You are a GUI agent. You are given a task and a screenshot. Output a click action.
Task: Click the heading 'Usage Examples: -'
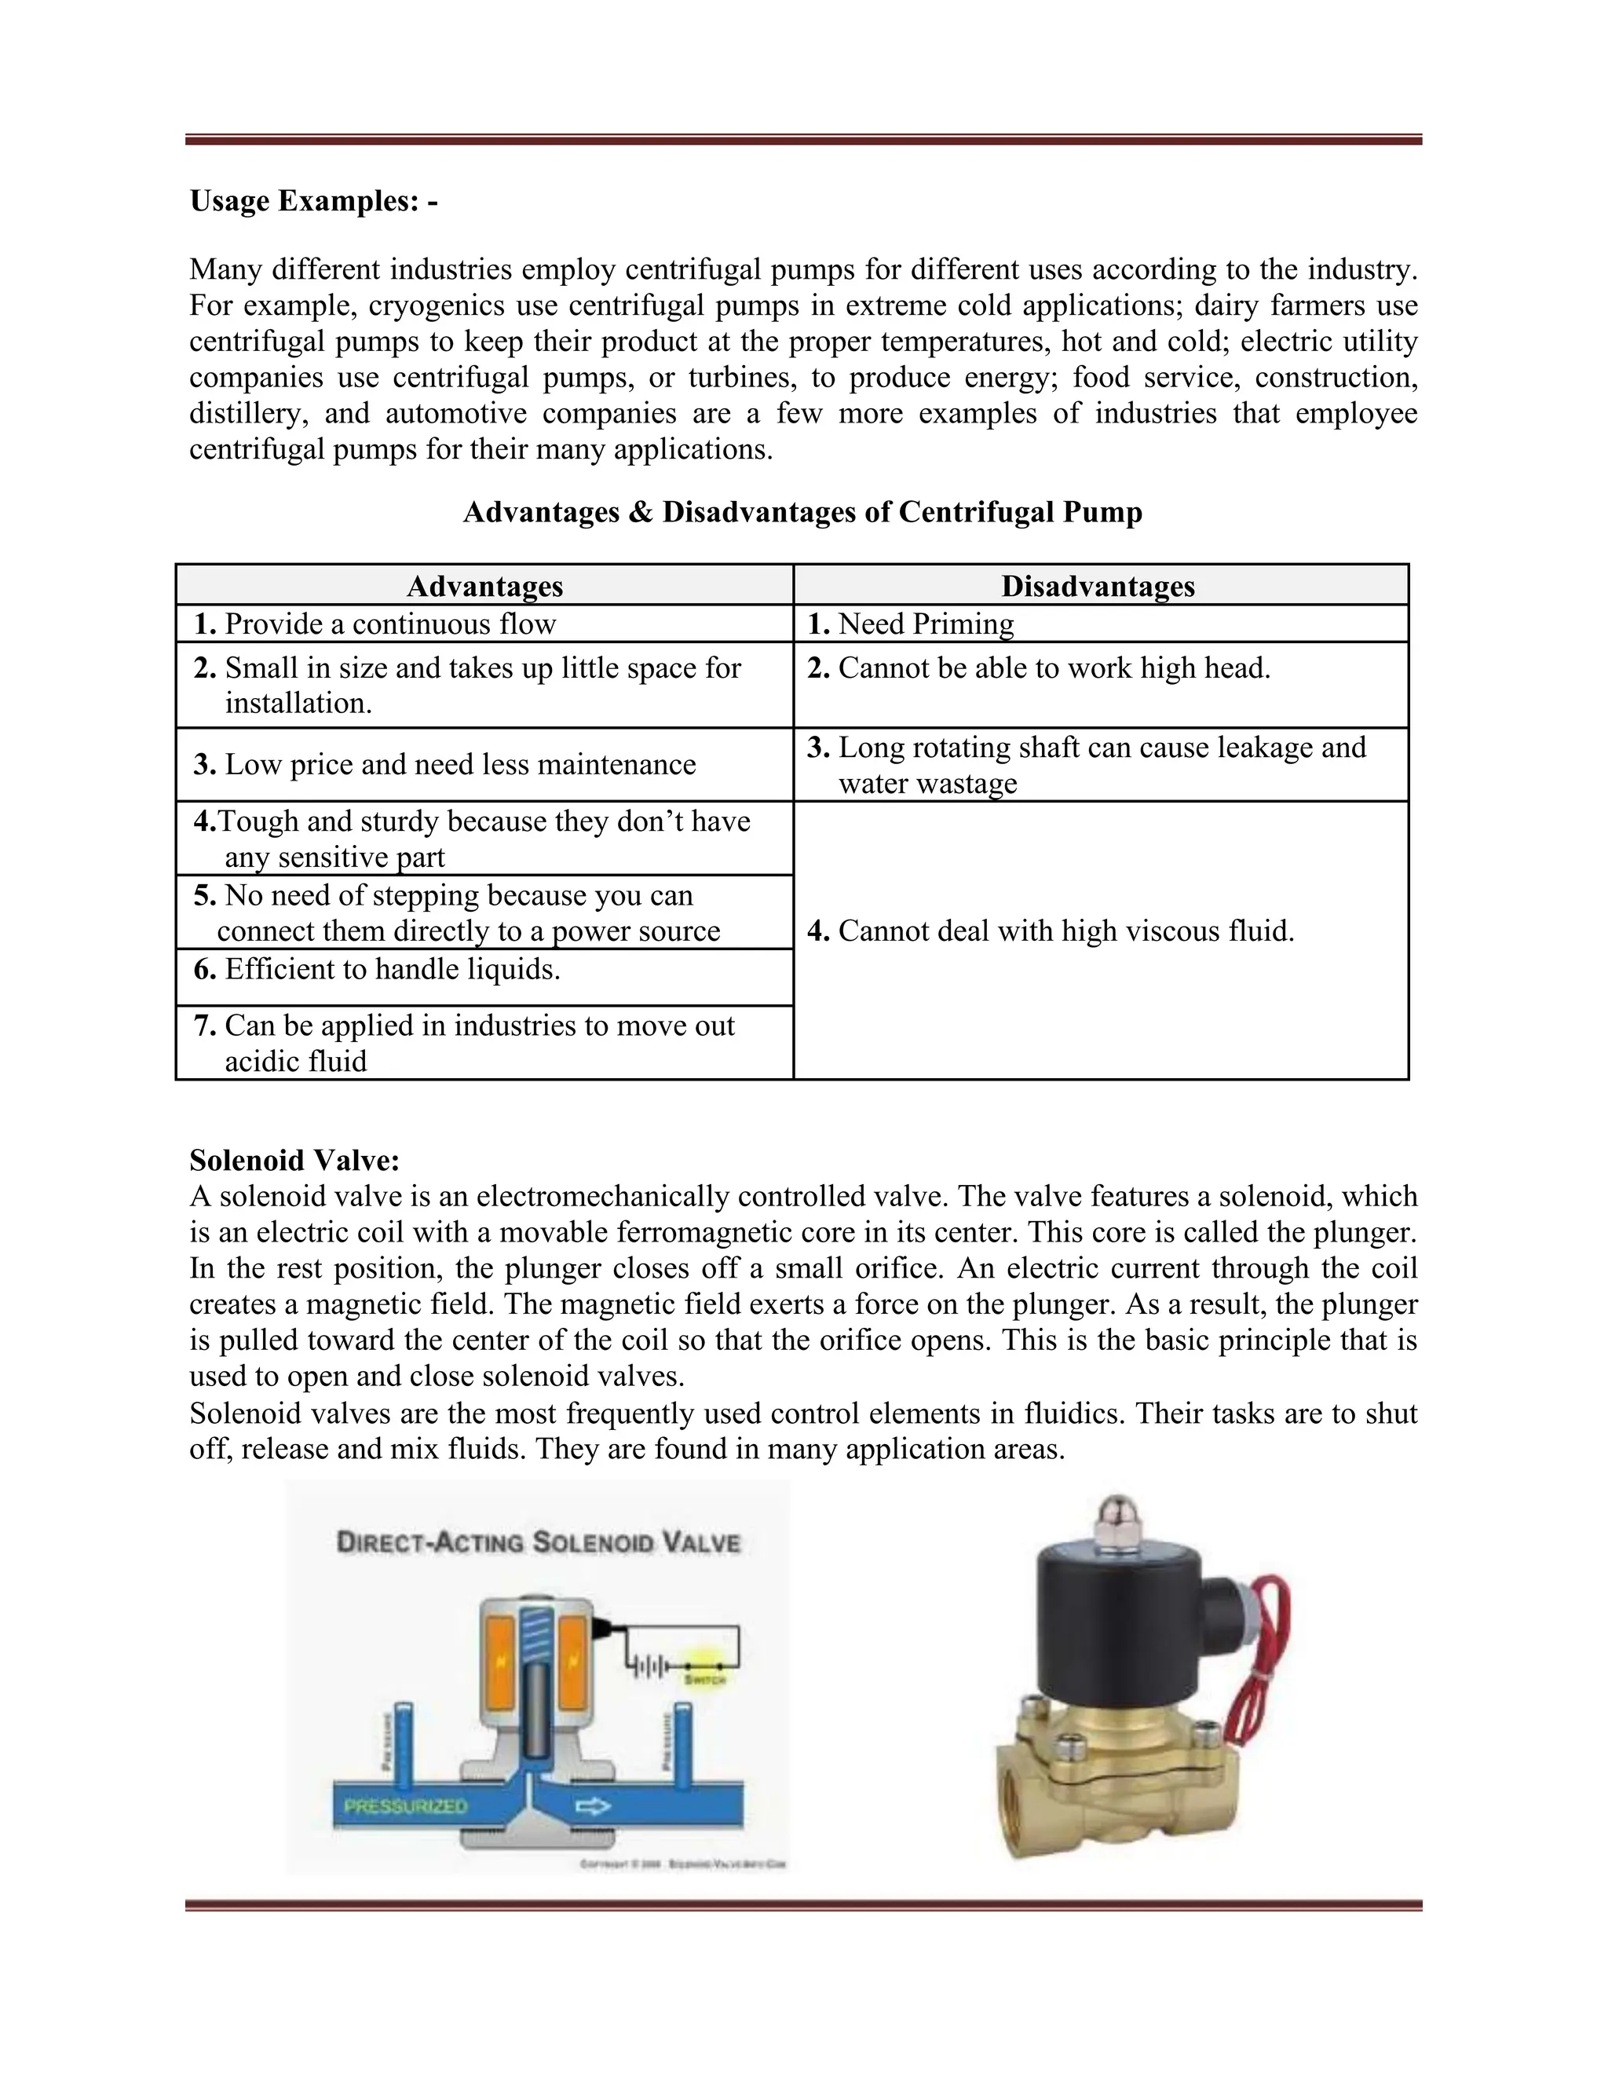313,201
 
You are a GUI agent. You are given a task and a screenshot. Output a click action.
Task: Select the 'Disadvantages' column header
1098,585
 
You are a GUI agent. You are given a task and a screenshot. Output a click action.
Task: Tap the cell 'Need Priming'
924,624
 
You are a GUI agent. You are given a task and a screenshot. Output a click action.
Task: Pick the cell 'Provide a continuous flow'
389,624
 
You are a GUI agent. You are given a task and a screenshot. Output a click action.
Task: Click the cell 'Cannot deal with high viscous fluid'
1065,931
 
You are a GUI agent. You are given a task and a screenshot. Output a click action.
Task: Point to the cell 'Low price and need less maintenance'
459,764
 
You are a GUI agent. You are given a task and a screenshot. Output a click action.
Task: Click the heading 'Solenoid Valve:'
294,1160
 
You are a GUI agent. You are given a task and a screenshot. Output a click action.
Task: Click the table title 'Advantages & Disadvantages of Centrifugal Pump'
802,513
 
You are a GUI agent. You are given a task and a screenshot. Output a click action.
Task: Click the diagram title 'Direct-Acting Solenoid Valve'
538,1542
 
